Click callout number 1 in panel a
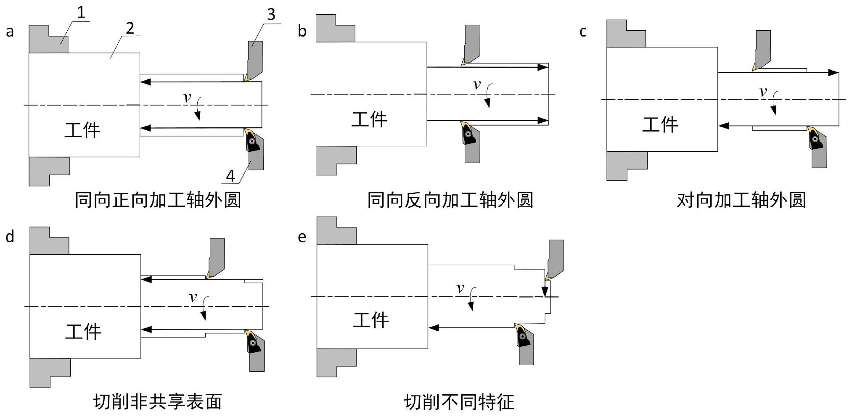pyautogui.click(x=81, y=12)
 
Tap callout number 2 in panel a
pyautogui.click(x=130, y=28)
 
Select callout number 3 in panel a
pyautogui.click(x=271, y=14)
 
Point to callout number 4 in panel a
pyautogui.click(x=230, y=176)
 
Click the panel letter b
pyautogui.click(x=302, y=31)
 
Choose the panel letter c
pyautogui.click(x=583, y=32)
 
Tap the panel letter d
pyautogui.click(x=10, y=237)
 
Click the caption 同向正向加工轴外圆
pyautogui.click(x=158, y=200)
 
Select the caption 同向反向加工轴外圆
pyautogui.click(x=450, y=200)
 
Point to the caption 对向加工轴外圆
pyautogui.click(x=741, y=200)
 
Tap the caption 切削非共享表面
pyautogui.click(x=157, y=402)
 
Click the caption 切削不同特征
pyautogui.click(x=459, y=402)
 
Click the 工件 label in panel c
pyautogui.click(x=660, y=125)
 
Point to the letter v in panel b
pyautogui.click(x=476, y=85)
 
